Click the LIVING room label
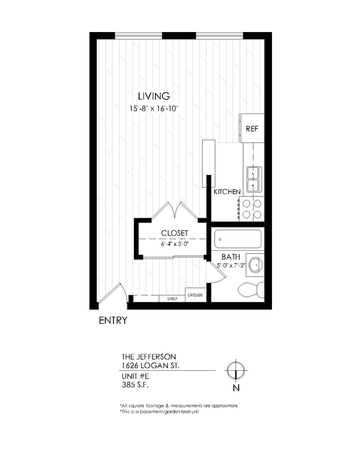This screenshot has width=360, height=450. click(x=153, y=96)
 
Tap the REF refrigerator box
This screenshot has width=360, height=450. click(x=251, y=128)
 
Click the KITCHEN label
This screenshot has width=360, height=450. click(x=227, y=192)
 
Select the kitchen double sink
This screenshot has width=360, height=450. click(x=253, y=179)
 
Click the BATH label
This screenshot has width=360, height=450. click(x=230, y=257)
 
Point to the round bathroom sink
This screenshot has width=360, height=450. click(x=255, y=265)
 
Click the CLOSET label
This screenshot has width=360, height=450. click(x=174, y=233)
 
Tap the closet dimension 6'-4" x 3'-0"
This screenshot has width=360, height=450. click(x=174, y=244)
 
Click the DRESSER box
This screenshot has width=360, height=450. click(x=194, y=296)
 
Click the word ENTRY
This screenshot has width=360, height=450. click(x=113, y=320)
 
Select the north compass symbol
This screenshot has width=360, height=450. click(x=236, y=369)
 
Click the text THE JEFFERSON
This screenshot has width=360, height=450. click(x=148, y=356)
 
